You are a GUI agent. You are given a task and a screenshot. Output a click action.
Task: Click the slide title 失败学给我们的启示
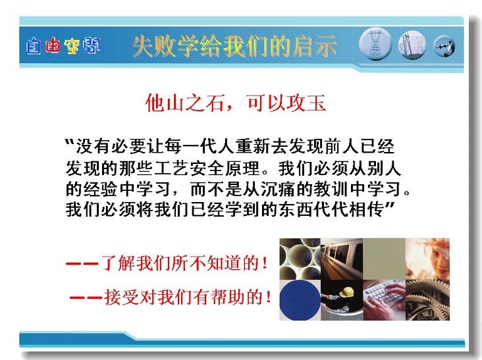point(234,46)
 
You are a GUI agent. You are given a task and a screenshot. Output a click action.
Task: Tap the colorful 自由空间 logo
point(63,46)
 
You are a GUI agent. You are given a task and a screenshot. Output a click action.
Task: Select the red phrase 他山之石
point(185,103)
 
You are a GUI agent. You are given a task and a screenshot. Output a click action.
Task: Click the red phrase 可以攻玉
point(286,103)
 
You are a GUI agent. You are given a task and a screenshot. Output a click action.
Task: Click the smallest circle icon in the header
point(444,46)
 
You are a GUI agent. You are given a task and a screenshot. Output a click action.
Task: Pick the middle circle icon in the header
point(412,45)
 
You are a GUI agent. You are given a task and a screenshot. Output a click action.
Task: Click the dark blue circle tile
point(300,300)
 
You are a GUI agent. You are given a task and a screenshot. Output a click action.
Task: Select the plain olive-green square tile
point(384,259)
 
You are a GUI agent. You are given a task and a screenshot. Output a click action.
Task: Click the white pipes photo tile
point(300,259)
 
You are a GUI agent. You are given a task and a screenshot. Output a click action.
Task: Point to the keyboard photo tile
point(384,300)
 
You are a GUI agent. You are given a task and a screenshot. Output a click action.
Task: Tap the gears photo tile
point(427,300)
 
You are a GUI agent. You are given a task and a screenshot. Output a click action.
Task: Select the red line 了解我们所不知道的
point(167,263)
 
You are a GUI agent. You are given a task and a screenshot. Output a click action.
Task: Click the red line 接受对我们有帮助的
point(171,297)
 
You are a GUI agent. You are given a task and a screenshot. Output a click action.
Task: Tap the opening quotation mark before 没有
point(70,142)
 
